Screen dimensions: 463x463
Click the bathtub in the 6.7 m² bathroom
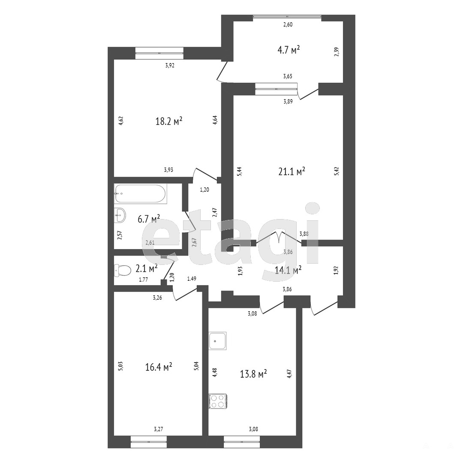point(141,194)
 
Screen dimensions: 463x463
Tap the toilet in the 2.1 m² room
point(123,270)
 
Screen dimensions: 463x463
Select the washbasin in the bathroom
point(120,215)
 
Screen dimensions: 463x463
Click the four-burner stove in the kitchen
point(218,401)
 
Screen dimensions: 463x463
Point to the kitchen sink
point(218,341)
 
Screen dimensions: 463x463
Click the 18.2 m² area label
point(169,121)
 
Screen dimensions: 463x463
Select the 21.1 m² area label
point(292,171)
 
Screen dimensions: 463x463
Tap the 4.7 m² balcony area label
point(289,50)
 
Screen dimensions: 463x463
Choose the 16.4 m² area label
point(159,367)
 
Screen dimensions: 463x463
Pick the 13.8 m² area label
point(254,374)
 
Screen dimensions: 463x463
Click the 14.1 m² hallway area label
point(288,270)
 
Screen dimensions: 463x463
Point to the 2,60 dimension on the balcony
point(288,25)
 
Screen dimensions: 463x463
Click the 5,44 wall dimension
point(240,171)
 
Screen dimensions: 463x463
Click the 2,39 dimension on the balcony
point(337,52)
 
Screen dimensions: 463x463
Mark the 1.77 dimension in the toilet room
point(144,280)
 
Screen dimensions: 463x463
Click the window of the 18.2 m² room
point(159,53)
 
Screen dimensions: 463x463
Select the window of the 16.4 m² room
point(149,442)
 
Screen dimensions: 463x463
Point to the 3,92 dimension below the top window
point(170,66)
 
